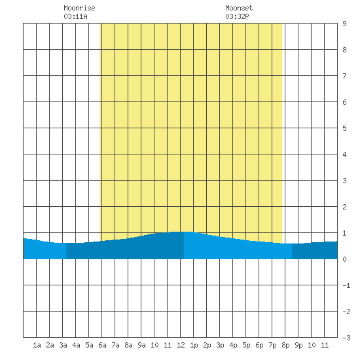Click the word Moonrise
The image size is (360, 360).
point(79,8)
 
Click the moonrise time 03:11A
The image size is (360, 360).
point(75,16)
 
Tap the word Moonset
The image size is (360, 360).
point(239,8)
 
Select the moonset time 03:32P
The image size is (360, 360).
point(237,16)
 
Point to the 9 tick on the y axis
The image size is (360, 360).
point(344,24)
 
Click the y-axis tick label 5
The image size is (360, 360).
point(344,128)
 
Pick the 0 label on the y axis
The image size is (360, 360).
point(344,259)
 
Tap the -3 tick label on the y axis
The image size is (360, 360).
point(346,338)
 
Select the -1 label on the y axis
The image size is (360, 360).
point(346,285)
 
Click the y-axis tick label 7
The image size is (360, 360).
point(344,76)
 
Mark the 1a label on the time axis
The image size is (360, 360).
point(37,345)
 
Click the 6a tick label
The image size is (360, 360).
point(102,345)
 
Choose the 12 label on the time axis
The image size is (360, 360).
point(181,345)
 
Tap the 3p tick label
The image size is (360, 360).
point(220,345)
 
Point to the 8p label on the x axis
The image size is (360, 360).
point(285,345)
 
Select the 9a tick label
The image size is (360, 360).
point(141,345)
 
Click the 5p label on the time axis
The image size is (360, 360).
point(246,345)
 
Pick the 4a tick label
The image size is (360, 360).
point(76,345)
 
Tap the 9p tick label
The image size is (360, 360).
point(298,345)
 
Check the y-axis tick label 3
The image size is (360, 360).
point(344,181)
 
